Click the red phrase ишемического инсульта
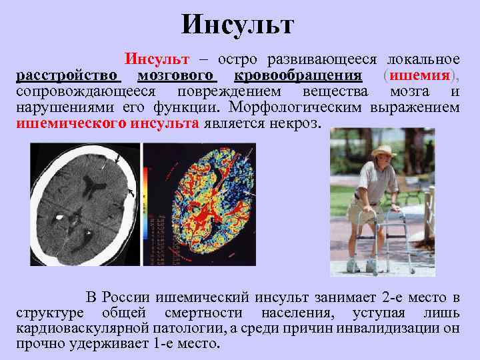coord(107,123)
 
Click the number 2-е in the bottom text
coord(378,297)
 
